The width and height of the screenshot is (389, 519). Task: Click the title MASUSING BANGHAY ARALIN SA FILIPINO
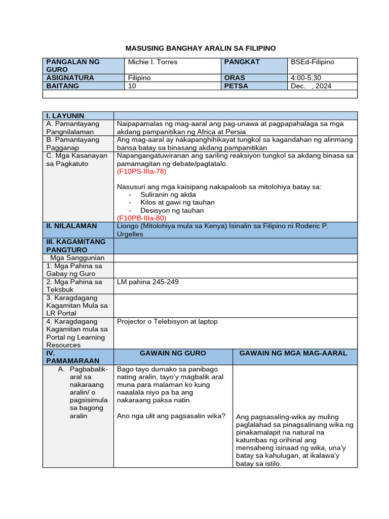point(201,48)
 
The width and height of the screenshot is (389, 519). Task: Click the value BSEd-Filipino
point(313,62)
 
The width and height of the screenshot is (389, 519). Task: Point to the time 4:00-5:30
point(306,78)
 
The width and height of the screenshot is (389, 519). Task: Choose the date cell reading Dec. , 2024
point(311,86)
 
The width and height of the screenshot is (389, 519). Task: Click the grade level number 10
point(132,86)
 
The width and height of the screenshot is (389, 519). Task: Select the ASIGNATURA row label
point(70,78)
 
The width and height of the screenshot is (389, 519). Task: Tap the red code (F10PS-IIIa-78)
point(141,171)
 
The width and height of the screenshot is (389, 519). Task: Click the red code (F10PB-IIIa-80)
point(141,218)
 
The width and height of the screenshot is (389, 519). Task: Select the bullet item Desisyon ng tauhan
point(172,210)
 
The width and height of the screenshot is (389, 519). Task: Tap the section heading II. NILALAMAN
point(71,226)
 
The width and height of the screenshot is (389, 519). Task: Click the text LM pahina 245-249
point(147,282)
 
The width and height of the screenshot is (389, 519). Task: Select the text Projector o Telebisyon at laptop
point(167,321)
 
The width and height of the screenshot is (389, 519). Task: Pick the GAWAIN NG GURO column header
point(173,353)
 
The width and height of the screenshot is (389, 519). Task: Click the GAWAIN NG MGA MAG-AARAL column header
point(293,353)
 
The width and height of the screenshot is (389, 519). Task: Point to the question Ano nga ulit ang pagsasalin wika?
point(171,416)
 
